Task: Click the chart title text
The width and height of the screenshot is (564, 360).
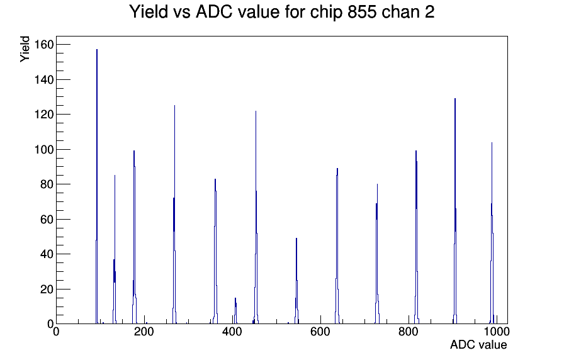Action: click(x=281, y=12)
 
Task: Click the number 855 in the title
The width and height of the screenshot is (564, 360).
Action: click(x=362, y=12)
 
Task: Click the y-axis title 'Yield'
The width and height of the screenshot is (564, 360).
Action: click(x=25, y=49)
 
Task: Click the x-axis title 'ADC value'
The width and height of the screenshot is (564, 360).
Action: click(x=478, y=344)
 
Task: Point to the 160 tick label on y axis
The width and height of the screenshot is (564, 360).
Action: click(x=44, y=45)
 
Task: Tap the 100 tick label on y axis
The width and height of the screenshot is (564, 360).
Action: click(x=44, y=150)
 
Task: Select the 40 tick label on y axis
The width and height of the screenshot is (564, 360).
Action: click(x=47, y=254)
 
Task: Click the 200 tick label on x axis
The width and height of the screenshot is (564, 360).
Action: click(x=144, y=332)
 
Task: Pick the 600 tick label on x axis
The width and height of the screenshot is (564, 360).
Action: click(x=320, y=332)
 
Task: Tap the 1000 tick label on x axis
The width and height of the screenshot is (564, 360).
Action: click(x=497, y=332)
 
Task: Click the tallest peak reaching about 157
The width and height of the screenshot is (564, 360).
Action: click(x=97, y=50)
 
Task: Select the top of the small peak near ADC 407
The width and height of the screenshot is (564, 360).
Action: click(x=235, y=298)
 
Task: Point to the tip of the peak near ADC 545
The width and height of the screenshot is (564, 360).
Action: click(x=296, y=239)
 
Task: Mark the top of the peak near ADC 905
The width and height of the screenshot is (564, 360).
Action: click(x=455, y=99)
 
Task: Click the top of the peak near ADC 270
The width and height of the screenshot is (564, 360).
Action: click(x=174, y=106)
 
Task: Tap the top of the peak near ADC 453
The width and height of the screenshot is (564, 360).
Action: click(x=256, y=111)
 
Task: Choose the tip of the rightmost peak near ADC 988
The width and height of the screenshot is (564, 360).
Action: click(x=492, y=143)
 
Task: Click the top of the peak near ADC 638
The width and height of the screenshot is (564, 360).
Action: click(x=337, y=169)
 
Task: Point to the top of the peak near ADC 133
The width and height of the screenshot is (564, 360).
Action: click(x=115, y=176)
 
